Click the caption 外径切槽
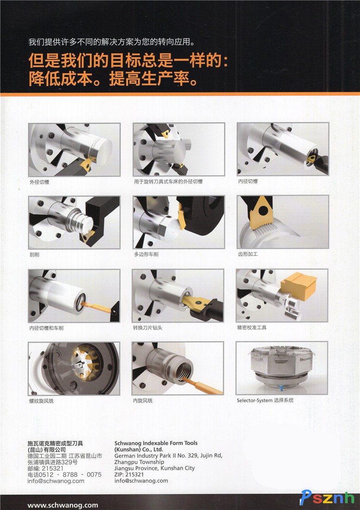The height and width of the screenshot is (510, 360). pos(39,182)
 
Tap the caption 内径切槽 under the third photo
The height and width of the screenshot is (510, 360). pos(248,181)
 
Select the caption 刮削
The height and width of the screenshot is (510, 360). pos(34,255)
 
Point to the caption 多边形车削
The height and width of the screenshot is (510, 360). pos(146,254)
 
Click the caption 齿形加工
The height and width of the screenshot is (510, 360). pos(248,254)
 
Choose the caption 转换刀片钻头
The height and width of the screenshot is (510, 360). pos(147,327)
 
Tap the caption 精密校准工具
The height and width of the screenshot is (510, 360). pos(252,327)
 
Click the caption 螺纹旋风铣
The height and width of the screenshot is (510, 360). pos(42,401)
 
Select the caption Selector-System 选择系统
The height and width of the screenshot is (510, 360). pos(265,400)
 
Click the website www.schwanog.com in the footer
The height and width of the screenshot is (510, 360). pos(63,505)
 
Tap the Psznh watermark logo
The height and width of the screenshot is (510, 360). pos(327,497)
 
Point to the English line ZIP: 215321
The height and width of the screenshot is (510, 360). pos(129,474)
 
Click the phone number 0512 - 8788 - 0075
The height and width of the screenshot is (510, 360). pos(70,475)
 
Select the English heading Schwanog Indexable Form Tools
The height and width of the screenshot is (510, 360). pos(156,443)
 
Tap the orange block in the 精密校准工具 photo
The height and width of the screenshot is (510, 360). pos(298,287)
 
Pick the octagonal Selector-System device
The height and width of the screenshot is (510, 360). pos(280,365)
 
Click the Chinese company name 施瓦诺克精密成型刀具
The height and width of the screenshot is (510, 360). pos(55,443)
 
